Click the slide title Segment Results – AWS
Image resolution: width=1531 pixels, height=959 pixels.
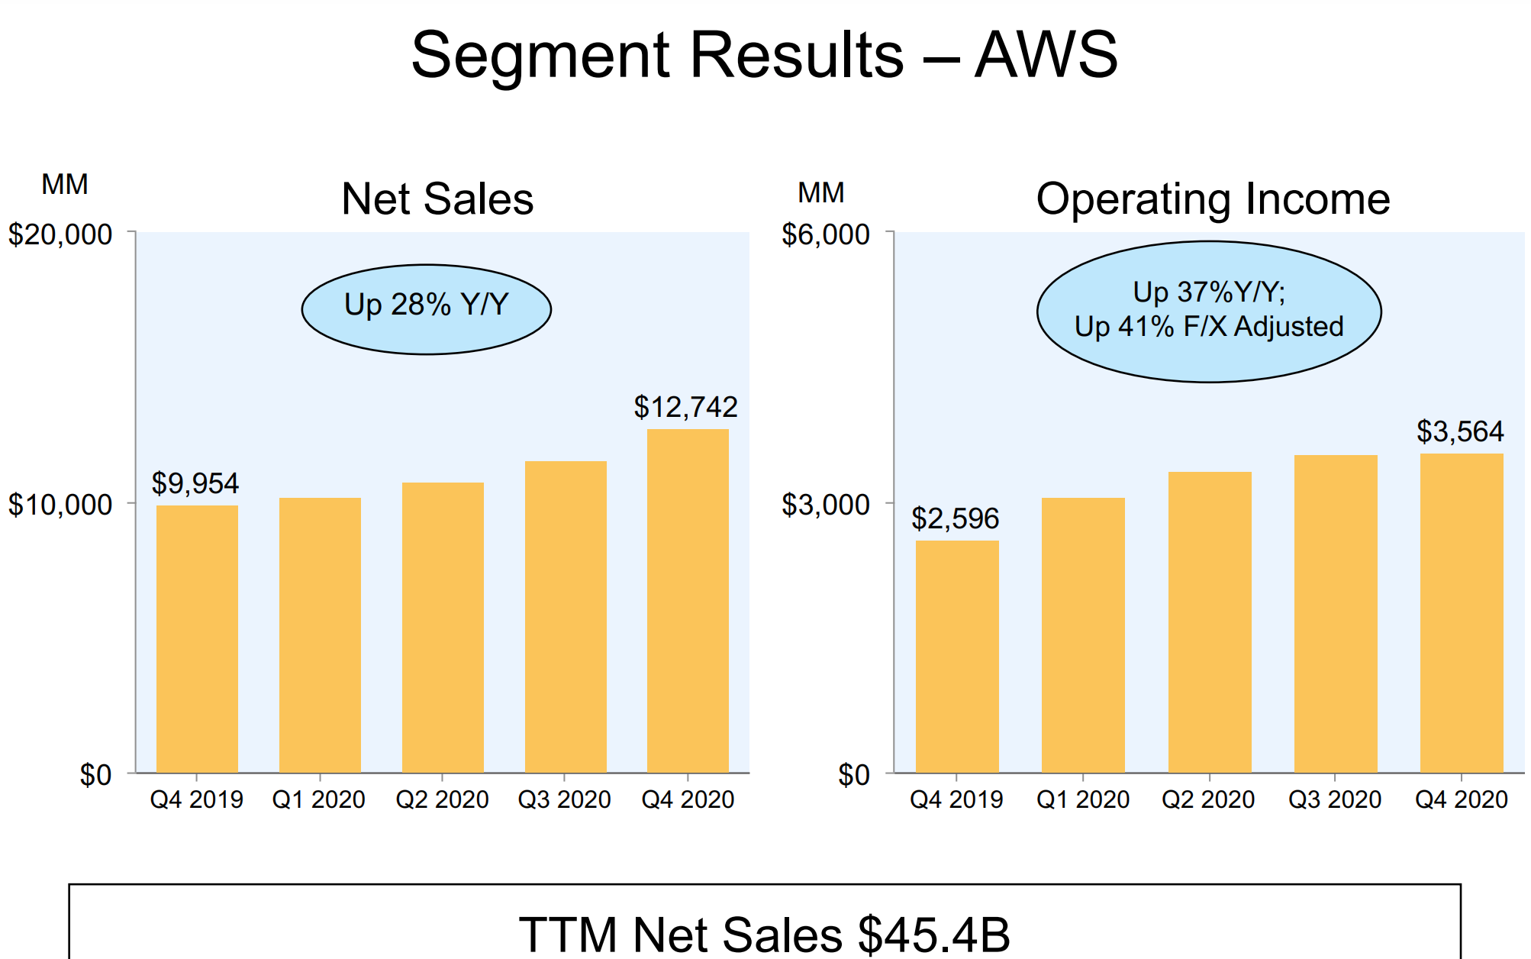[x=764, y=55]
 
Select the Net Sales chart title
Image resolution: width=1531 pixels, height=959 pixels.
[x=437, y=199]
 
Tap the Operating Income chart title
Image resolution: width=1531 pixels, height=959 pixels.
[x=1213, y=199]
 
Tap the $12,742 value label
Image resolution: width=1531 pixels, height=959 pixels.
[x=685, y=407]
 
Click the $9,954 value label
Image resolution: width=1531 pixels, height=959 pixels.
[x=195, y=483]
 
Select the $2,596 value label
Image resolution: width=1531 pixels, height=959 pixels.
[x=955, y=519]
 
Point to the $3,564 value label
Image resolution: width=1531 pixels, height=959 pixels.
[x=1460, y=432]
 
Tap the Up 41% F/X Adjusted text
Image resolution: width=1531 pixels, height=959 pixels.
[x=1209, y=327]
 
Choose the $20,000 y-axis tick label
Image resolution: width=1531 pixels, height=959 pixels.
[x=60, y=234]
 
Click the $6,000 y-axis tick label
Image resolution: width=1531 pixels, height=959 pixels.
[x=825, y=234]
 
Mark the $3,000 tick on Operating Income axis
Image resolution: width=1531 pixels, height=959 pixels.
[x=825, y=505]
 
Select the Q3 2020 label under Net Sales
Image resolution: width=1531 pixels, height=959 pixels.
[x=564, y=799]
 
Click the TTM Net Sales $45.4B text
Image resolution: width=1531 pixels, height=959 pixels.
[x=764, y=934]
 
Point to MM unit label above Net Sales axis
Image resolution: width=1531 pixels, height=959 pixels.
[x=65, y=185]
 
